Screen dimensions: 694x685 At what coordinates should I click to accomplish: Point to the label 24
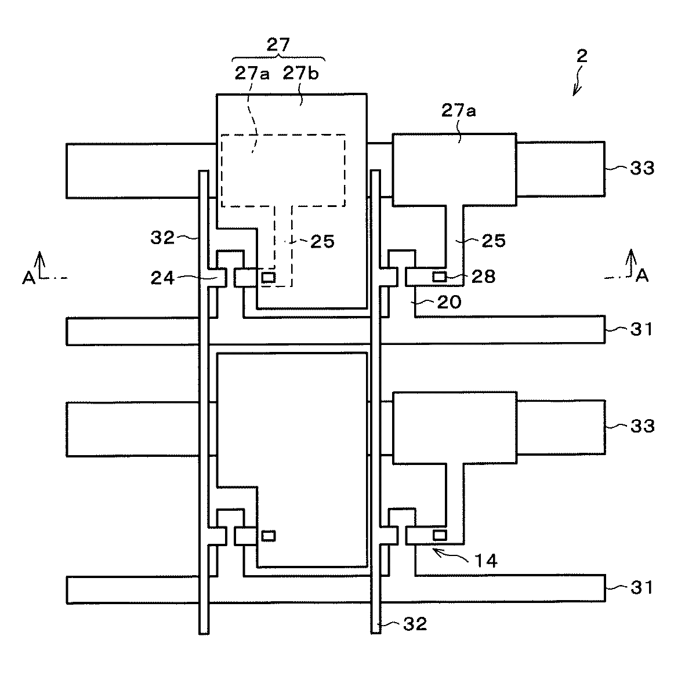163,278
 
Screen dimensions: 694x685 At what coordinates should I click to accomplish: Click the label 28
484,277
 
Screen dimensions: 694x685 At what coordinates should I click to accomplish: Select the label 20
450,301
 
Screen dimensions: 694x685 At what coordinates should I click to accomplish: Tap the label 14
486,561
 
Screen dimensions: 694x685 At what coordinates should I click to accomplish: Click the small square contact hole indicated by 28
440,277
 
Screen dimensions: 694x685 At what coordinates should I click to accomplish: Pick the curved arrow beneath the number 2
578,81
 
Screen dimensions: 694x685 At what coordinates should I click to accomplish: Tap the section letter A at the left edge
28,278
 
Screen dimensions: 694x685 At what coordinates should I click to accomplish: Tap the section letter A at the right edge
641,277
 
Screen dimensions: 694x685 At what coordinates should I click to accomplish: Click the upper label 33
642,168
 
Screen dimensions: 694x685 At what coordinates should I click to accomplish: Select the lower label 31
642,587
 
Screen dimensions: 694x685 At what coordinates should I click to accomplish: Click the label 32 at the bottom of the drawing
415,624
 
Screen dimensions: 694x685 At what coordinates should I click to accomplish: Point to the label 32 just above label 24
163,238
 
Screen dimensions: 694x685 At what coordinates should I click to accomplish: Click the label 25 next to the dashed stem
322,241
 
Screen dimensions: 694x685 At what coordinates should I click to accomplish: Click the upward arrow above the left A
39,259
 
